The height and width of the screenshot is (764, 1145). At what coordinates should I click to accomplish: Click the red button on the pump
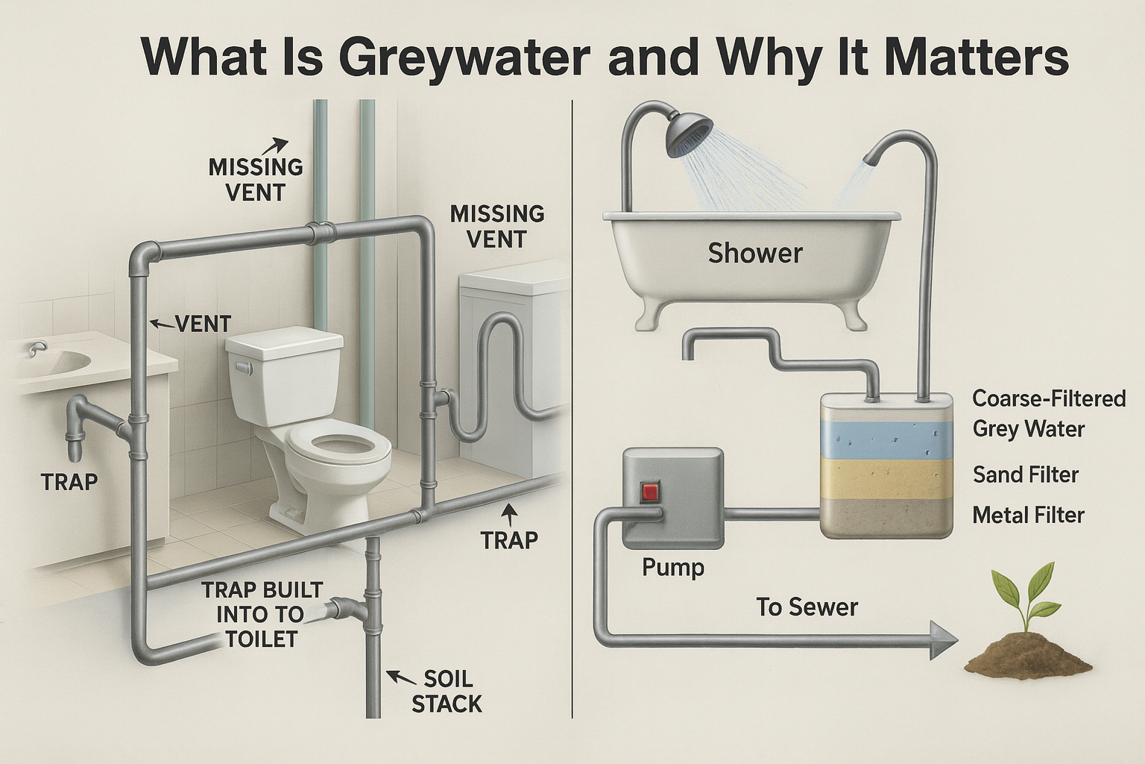(x=650, y=491)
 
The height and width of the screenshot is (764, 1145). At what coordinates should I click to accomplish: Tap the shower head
(x=689, y=132)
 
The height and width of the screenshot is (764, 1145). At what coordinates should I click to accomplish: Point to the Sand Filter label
(x=1026, y=475)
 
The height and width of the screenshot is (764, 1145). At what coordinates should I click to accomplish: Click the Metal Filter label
(x=1028, y=515)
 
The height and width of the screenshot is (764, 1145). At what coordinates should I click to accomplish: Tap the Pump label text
(x=672, y=568)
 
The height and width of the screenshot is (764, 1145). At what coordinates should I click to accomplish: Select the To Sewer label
(x=807, y=607)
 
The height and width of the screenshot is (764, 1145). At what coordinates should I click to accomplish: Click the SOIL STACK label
(x=447, y=692)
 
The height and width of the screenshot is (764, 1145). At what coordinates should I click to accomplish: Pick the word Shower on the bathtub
(x=755, y=254)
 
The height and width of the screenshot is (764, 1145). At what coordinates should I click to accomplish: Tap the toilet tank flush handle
(x=244, y=367)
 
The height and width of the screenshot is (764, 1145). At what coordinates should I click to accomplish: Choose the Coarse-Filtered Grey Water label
(x=1049, y=413)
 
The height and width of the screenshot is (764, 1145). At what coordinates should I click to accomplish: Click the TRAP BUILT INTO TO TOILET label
(x=261, y=614)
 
